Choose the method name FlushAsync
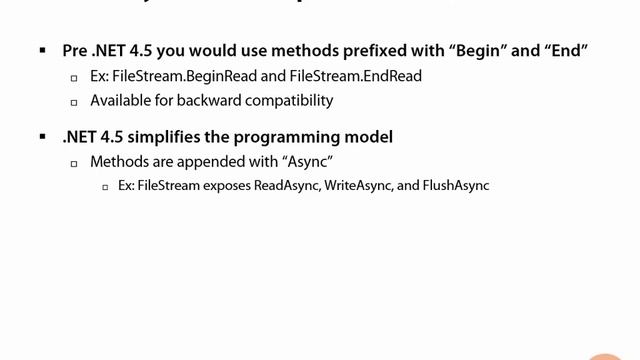click(x=456, y=185)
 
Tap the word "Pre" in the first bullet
click(x=75, y=50)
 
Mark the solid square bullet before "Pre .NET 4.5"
click(x=43, y=50)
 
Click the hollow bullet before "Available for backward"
click(x=74, y=101)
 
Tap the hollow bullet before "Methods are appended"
click(x=74, y=162)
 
